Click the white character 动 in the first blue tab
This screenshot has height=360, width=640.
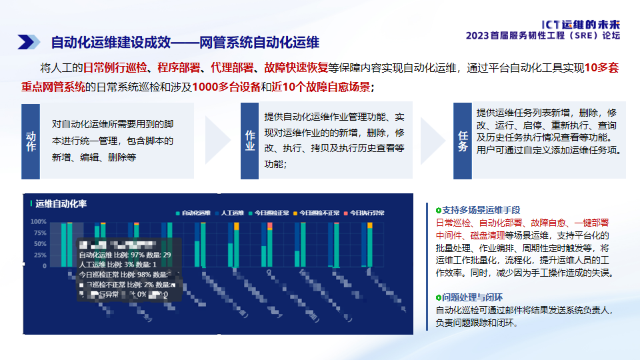point(31,136)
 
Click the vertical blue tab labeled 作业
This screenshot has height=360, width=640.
point(250,141)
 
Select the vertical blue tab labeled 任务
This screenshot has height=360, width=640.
point(463,141)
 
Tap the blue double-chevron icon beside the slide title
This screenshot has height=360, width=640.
point(29,42)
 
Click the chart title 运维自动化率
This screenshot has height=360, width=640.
point(61,203)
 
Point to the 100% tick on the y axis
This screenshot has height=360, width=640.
point(38,221)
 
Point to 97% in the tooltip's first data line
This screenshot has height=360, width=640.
point(137,255)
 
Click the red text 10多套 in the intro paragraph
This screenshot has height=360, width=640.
point(603,67)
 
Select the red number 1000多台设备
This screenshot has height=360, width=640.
point(225,87)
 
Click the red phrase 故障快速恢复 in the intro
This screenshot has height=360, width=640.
point(296,67)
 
